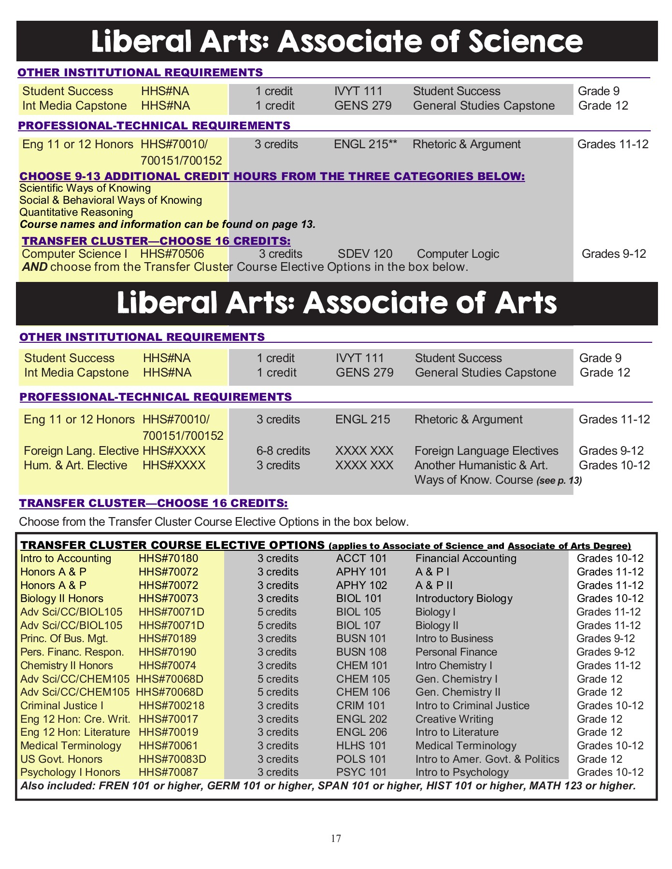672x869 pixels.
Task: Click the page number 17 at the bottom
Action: [x=336, y=838]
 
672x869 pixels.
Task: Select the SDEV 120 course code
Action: [x=365, y=254]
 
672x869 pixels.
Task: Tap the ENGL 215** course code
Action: [x=365, y=144]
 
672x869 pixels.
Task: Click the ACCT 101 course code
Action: [x=361, y=559]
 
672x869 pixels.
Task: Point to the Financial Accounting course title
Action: [x=466, y=559]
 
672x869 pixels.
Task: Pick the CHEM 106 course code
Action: [x=363, y=692]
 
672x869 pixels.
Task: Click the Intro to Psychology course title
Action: [x=462, y=772]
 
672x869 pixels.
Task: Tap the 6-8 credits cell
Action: [x=283, y=451]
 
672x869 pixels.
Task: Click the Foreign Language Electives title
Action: [x=486, y=451]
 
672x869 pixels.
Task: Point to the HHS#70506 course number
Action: [x=172, y=254]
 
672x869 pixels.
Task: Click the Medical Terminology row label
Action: [x=71, y=746]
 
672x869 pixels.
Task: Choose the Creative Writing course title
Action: [x=454, y=719]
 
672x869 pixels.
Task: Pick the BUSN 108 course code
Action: [x=361, y=652]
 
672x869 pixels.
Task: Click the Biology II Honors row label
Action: [x=62, y=599]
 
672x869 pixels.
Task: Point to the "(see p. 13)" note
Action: [x=559, y=481]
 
